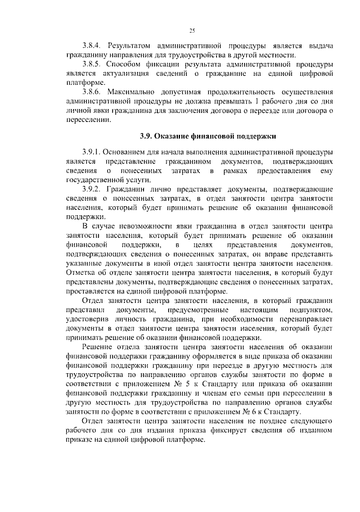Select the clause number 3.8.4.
click(93, 44)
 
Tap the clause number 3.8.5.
click(93, 64)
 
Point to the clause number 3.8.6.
click(93, 93)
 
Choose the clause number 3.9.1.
click(93, 152)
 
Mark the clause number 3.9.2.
click(93, 189)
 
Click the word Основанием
click(132, 152)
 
